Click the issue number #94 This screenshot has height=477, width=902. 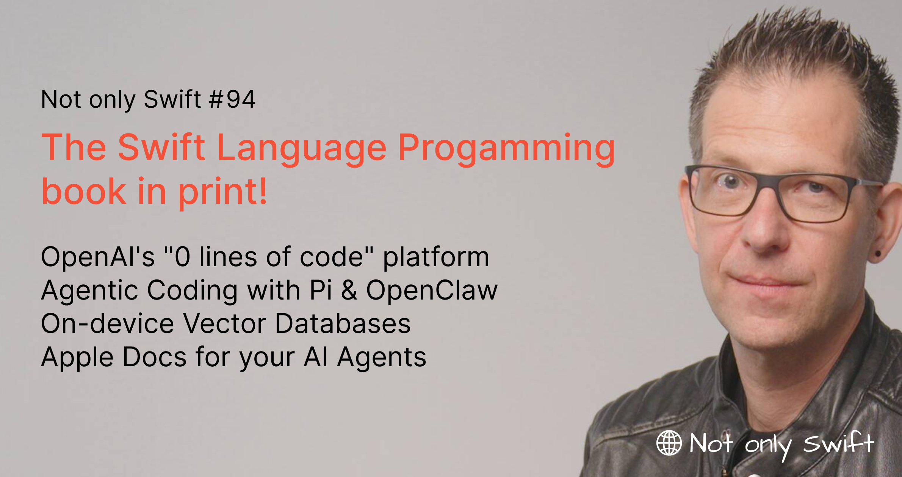232,99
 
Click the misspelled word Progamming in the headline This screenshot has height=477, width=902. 506,149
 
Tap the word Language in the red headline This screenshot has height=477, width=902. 302,149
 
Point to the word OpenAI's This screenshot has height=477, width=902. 98,257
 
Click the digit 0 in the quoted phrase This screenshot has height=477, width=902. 182,257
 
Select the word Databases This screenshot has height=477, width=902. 343,323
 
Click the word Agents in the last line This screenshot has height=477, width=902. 382,358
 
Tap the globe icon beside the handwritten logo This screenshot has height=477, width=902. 669,443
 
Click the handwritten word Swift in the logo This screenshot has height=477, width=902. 838,442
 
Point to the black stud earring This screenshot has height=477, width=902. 878,253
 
